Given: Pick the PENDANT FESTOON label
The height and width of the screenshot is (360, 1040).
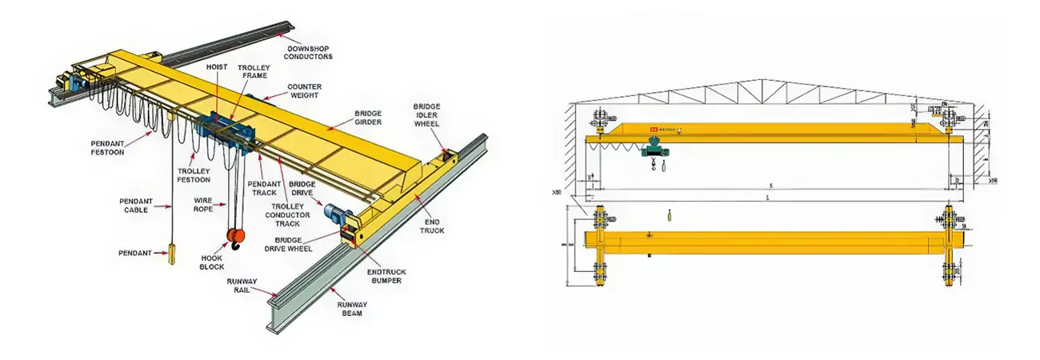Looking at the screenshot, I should point(108,149).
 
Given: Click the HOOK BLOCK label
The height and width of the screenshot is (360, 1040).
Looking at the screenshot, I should point(211,262).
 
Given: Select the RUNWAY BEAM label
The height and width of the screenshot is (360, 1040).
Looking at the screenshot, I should point(350,309).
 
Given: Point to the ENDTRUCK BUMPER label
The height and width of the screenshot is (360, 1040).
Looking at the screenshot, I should point(386,277).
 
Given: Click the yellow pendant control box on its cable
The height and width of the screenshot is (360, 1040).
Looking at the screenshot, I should point(170,255).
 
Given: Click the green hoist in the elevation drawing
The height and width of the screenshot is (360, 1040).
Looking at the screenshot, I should point(655,147).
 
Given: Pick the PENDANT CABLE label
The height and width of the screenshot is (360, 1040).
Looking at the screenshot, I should point(135,205).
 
